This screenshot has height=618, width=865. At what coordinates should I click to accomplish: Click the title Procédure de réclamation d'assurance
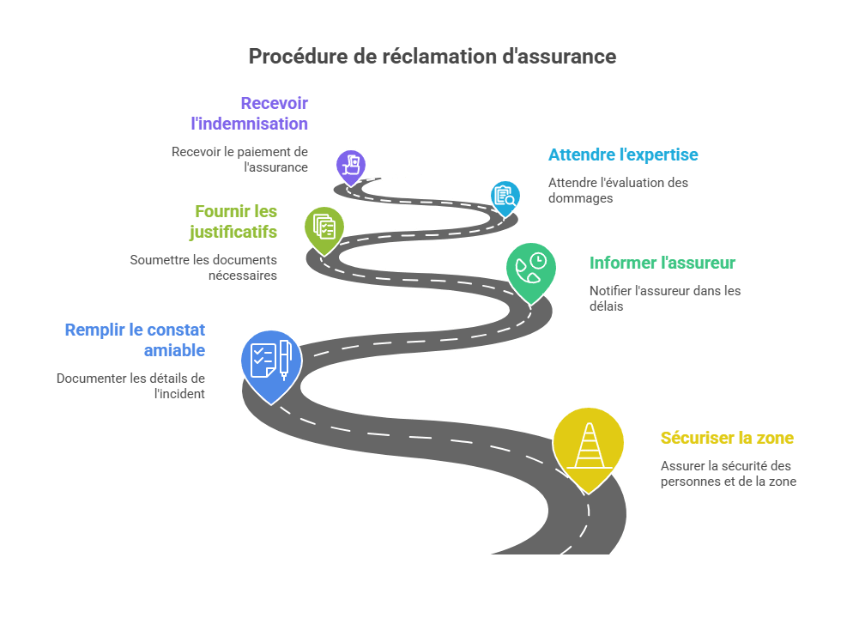tap(432, 57)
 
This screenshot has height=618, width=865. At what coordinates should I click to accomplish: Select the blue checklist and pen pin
tap(271, 361)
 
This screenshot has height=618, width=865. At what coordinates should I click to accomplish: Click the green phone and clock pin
tap(530, 269)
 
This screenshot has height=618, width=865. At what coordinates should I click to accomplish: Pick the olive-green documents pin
tap(324, 227)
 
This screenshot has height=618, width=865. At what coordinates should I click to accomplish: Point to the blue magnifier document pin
tap(505, 196)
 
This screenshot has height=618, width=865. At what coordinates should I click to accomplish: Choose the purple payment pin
tap(350, 165)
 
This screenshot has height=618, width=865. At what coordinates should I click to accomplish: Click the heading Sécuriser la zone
tap(727, 438)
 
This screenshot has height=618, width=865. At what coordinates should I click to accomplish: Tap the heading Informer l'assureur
tap(662, 263)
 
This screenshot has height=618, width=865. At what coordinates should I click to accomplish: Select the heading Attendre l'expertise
tap(622, 155)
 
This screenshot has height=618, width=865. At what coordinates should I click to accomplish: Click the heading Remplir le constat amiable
tap(135, 340)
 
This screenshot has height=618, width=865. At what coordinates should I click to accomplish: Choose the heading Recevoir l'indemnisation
tap(250, 113)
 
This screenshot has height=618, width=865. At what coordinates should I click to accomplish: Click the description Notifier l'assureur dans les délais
tap(664, 298)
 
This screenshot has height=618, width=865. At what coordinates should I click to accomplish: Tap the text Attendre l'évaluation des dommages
tap(618, 190)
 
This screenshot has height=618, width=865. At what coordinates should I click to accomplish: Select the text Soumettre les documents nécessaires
tap(203, 267)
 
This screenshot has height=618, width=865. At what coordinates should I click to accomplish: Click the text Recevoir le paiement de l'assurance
tap(239, 160)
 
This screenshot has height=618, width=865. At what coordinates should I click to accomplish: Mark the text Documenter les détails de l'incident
tap(131, 385)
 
